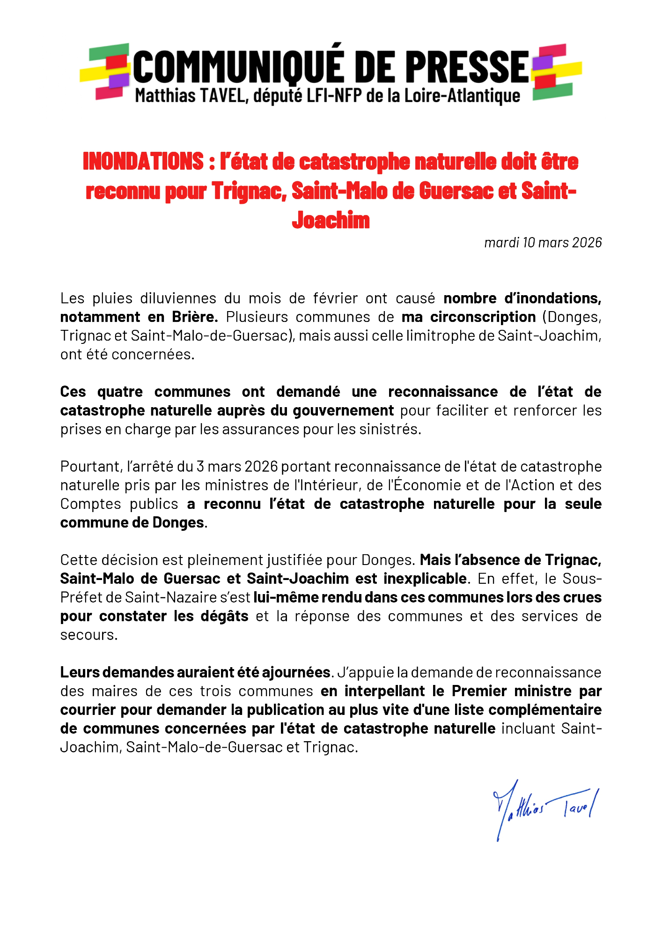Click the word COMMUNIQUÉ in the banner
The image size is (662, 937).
click(x=236, y=67)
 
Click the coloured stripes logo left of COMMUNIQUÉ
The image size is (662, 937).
click(x=106, y=71)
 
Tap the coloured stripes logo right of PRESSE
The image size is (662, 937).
click(x=556, y=71)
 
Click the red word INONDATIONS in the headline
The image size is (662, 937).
click(x=143, y=161)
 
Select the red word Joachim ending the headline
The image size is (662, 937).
click(x=331, y=220)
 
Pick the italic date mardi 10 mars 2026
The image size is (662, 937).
click(x=543, y=242)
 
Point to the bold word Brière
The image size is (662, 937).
click(x=195, y=317)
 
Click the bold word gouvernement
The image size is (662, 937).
click(x=343, y=410)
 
